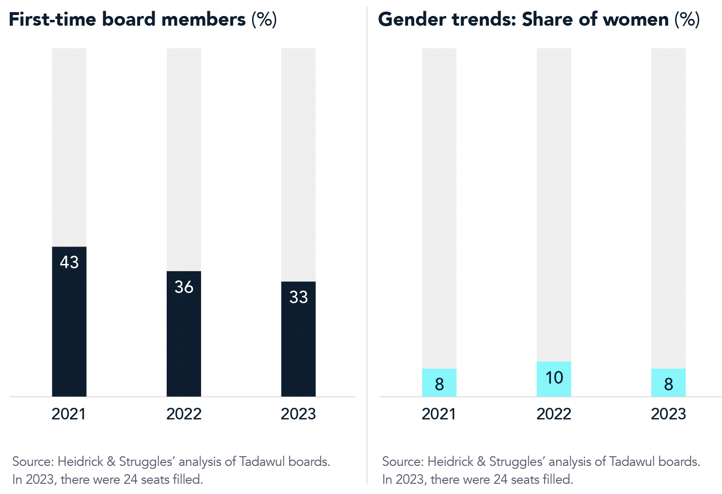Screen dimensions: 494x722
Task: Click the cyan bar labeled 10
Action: pyautogui.click(x=554, y=379)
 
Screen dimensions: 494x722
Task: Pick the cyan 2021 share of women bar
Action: pyautogui.click(x=439, y=383)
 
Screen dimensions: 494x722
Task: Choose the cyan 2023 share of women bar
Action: pyautogui.click(x=668, y=383)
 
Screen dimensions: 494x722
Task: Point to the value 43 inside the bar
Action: pyautogui.click(x=69, y=262)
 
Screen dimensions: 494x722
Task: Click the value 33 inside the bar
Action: pyautogui.click(x=298, y=297)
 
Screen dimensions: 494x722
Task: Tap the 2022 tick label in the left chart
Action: pyautogui.click(x=184, y=414)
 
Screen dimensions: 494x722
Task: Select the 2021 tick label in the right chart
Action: pyautogui.click(x=439, y=414)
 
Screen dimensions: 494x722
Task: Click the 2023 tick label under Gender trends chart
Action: pyautogui.click(x=668, y=414)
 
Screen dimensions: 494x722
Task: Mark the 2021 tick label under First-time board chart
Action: pyautogui.click(x=69, y=414)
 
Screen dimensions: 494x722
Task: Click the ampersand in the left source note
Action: pyautogui.click(x=111, y=462)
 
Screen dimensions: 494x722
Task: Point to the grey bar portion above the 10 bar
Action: pyautogui.click(x=554, y=203)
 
